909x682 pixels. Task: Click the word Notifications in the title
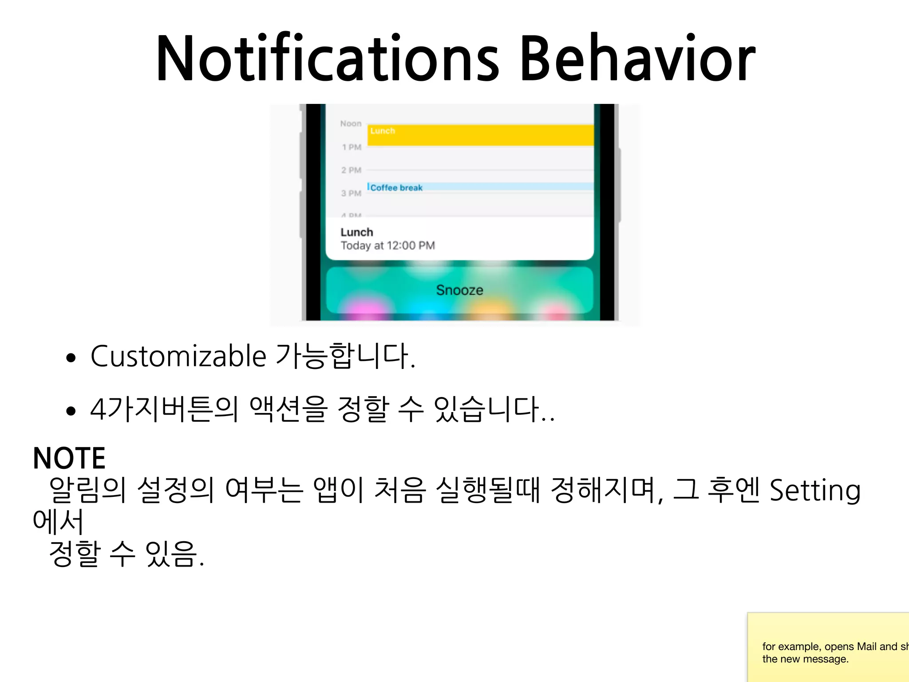pyautogui.click(x=328, y=59)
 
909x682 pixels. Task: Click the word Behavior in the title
pyautogui.click(x=637, y=59)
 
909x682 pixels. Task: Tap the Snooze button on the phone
pyautogui.click(x=459, y=290)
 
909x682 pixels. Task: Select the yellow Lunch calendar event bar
pyautogui.click(x=481, y=135)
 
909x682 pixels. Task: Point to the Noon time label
pyautogui.click(x=351, y=123)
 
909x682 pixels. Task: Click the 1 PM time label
pyautogui.click(x=352, y=147)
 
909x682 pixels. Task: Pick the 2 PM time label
pyautogui.click(x=351, y=170)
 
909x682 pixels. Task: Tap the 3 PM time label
pyautogui.click(x=351, y=193)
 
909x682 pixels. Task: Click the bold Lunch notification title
pyautogui.click(x=357, y=232)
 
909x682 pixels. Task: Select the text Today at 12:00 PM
pyautogui.click(x=387, y=246)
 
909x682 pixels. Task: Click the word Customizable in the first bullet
pyautogui.click(x=178, y=356)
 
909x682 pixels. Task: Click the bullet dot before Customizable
pyautogui.click(x=71, y=358)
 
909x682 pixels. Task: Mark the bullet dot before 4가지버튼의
pyautogui.click(x=71, y=411)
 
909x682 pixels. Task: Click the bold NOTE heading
pyautogui.click(x=69, y=458)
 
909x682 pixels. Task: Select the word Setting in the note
pyautogui.click(x=814, y=491)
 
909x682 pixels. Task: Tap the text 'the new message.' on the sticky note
pyautogui.click(x=805, y=659)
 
